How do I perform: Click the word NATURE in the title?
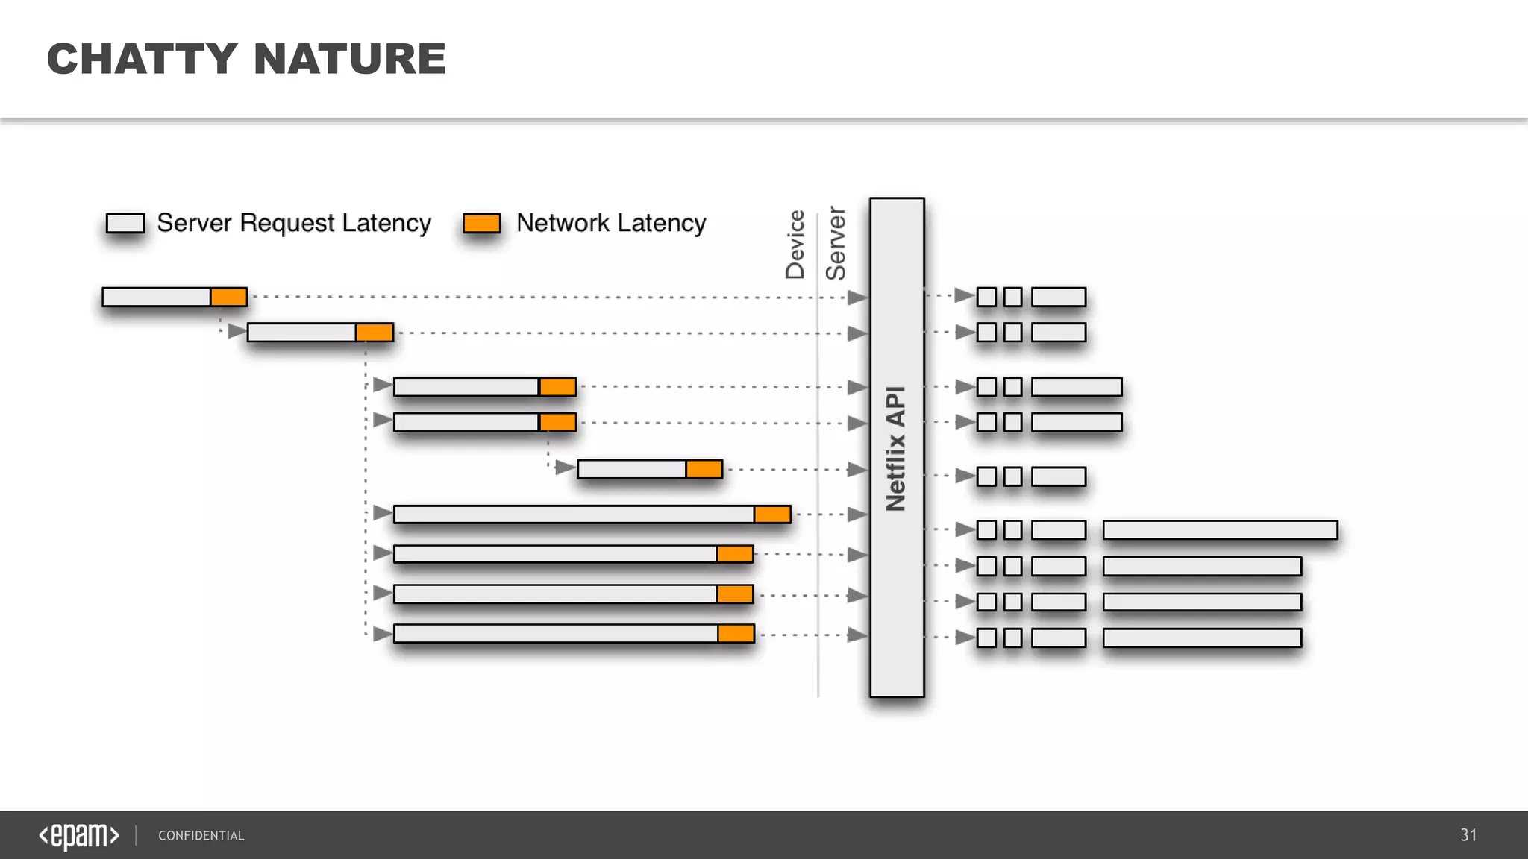[x=349, y=59]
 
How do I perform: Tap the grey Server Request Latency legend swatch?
[x=125, y=223]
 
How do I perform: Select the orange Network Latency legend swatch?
[x=481, y=223]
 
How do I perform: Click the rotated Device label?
[x=795, y=245]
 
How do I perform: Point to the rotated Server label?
[x=836, y=244]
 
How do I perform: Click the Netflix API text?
[x=895, y=448]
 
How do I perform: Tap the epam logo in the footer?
[x=79, y=835]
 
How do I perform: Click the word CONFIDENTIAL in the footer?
[x=201, y=836]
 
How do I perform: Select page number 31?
[x=1468, y=835]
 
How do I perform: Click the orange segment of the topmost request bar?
[x=228, y=297]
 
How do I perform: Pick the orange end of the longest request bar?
[x=772, y=515]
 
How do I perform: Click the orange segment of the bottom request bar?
[x=736, y=634]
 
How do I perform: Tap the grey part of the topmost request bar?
[x=156, y=297]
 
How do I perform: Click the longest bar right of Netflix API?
[x=1220, y=530]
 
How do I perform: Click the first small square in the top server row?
[x=986, y=297]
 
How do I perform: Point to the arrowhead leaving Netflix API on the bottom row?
[x=965, y=638]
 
